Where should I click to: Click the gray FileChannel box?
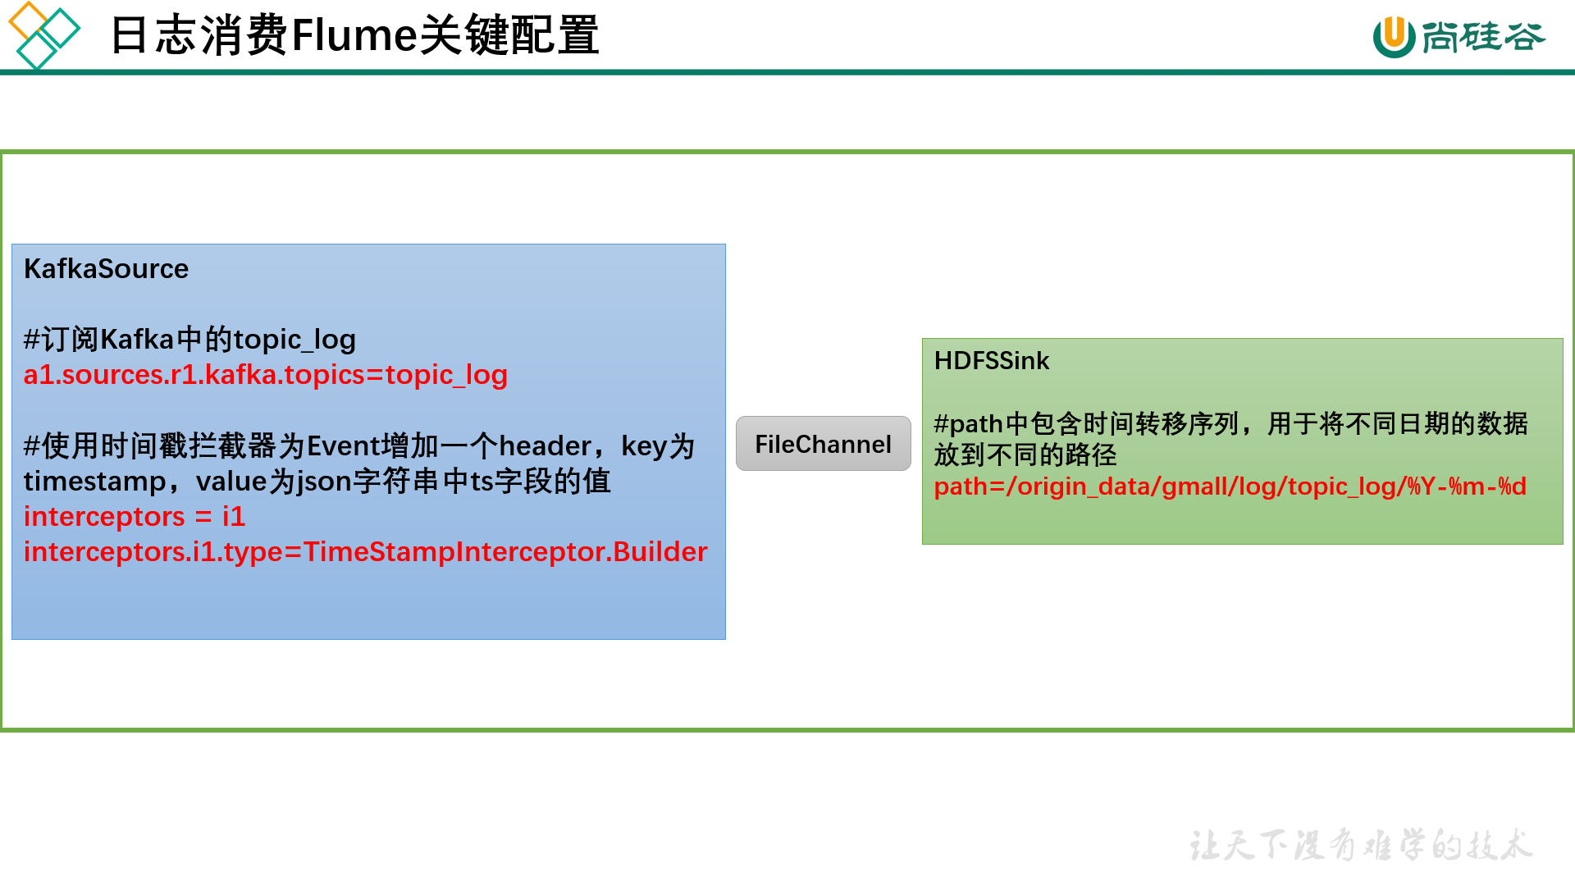[x=823, y=444]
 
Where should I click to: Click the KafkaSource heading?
[x=106, y=269]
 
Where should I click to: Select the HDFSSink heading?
[x=991, y=361]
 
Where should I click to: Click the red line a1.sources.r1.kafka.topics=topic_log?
[x=265, y=375]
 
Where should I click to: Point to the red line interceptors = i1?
[x=134, y=517]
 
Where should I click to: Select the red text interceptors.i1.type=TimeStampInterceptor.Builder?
[x=365, y=552]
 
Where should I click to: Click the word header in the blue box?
[x=545, y=446]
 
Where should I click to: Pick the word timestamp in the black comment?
[x=94, y=482]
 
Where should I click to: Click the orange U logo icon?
[x=1393, y=37]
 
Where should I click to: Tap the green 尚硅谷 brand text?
[x=1483, y=37]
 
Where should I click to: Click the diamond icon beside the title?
[x=43, y=34]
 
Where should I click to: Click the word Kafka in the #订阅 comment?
[x=137, y=340]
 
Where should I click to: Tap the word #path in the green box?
[x=969, y=424]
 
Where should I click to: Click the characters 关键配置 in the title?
[x=509, y=36]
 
